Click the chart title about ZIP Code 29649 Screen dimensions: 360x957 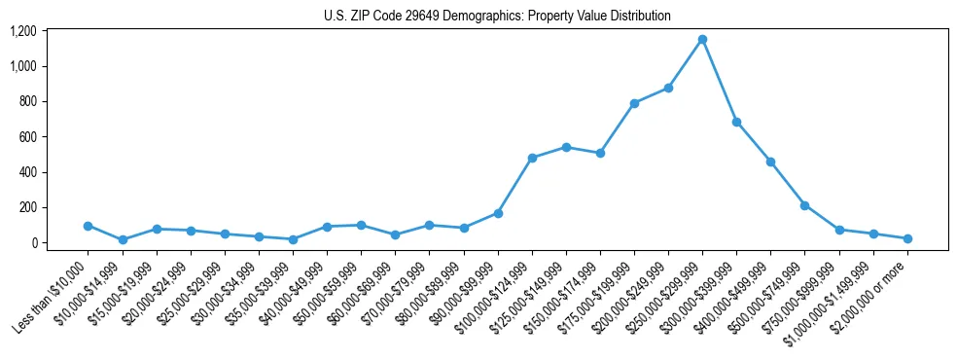click(497, 17)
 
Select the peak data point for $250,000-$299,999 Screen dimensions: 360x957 click(702, 39)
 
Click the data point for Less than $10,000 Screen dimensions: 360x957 click(89, 226)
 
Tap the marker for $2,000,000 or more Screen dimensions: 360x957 click(907, 238)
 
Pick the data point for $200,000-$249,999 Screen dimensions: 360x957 click(668, 89)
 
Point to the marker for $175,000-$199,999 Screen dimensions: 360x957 click(634, 103)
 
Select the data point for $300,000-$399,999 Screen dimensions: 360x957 click(736, 123)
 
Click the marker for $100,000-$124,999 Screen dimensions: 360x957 click(532, 158)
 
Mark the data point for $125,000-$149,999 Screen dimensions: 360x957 click(566, 147)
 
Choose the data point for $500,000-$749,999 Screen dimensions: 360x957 click(805, 205)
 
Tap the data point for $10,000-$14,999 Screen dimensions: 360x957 click(123, 239)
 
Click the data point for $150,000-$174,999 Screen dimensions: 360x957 click(600, 153)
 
